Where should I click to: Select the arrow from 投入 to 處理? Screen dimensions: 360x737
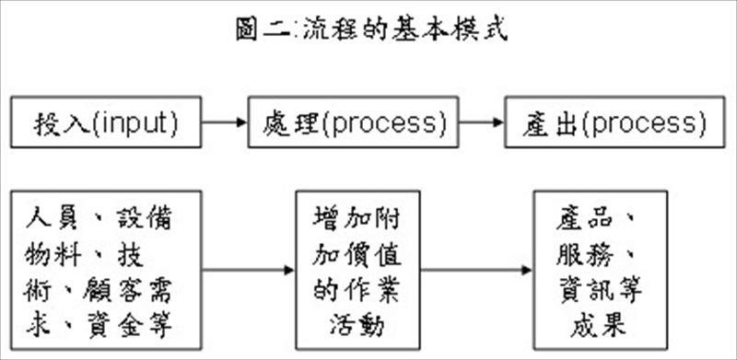(224, 122)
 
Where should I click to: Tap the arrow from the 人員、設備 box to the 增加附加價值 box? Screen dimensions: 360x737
(243, 271)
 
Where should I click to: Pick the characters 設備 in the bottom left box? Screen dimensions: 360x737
(143, 219)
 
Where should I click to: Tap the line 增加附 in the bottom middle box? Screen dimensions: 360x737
(357, 219)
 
